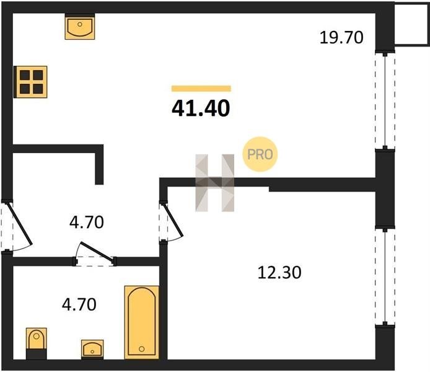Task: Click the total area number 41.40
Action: [201, 108]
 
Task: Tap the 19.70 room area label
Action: [341, 38]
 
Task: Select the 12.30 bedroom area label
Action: [279, 273]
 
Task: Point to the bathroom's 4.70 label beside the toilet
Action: [79, 304]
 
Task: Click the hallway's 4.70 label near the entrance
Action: [86, 222]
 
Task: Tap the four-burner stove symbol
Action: [31, 82]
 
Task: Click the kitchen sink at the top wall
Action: [80, 27]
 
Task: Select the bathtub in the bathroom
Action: [141, 322]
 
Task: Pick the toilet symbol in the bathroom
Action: [37, 343]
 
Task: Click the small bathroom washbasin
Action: [92, 349]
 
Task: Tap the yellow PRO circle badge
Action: [260, 154]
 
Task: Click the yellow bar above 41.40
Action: [201, 88]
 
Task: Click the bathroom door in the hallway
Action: [95, 254]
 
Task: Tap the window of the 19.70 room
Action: [385, 100]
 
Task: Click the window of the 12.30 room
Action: [385, 277]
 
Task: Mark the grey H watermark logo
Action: [215, 183]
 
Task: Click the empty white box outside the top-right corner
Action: [411, 23]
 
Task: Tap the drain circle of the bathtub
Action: [141, 349]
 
